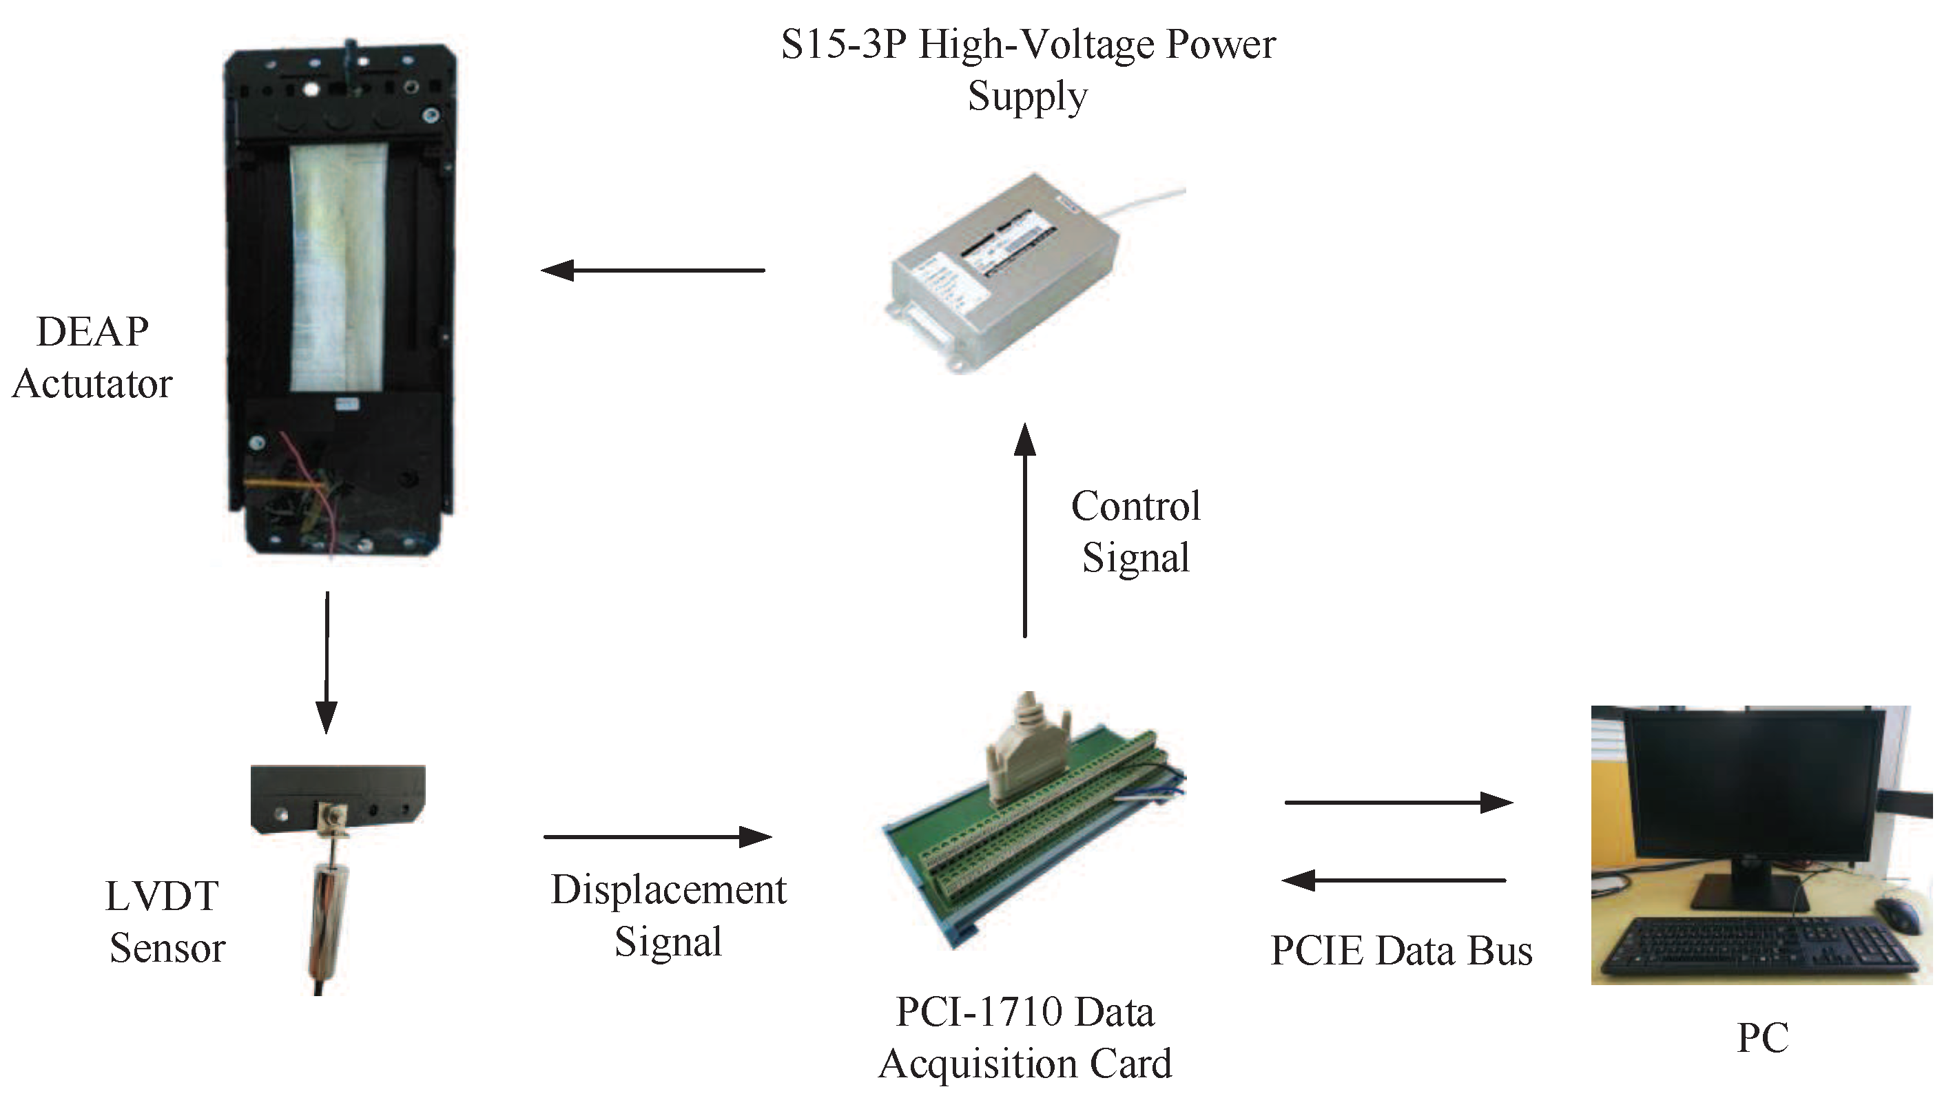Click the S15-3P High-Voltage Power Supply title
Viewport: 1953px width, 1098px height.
[x=1027, y=70]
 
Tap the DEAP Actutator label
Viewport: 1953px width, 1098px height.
[x=92, y=357]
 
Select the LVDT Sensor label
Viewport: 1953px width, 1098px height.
[x=165, y=922]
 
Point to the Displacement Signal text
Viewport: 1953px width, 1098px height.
[x=668, y=915]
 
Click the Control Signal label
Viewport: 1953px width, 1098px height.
[x=1135, y=531]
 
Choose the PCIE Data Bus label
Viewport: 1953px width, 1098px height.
[x=1401, y=950]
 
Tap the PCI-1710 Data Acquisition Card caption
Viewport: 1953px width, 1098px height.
[x=1025, y=1037]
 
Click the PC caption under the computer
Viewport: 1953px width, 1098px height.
[x=1762, y=1037]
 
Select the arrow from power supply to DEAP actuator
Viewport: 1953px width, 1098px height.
[x=654, y=270]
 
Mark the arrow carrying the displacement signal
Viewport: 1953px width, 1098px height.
[x=657, y=836]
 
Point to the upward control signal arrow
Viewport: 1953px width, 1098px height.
[x=1025, y=531]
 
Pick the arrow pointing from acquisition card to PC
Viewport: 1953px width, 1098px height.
[x=1399, y=802]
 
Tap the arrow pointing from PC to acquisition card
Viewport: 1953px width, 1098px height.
[x=1394, y=880]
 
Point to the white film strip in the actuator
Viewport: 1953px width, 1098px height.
[x=339, y=265]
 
